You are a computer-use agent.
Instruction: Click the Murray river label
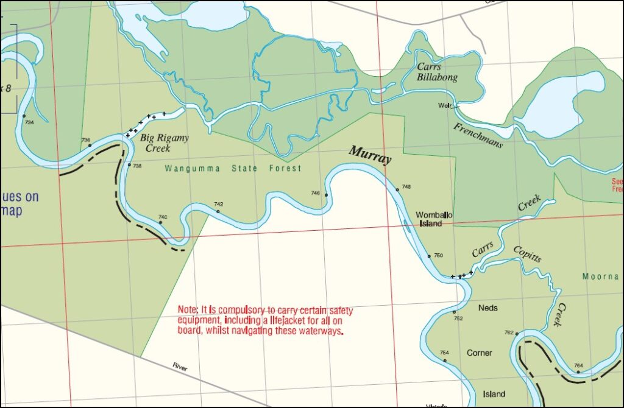point(370,154)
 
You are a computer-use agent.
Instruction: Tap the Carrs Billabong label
point(437,72)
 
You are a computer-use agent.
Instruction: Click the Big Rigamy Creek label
point(164,143)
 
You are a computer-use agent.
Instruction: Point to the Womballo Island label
point(434,219)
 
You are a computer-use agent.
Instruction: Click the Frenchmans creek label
point(478,135)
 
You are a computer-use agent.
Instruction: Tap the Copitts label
point(527,253)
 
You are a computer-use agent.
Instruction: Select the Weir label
point(444,105)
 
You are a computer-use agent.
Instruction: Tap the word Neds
point(487,308)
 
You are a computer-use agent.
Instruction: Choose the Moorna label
point(600,276)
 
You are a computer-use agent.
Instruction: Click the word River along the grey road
point(180,367)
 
